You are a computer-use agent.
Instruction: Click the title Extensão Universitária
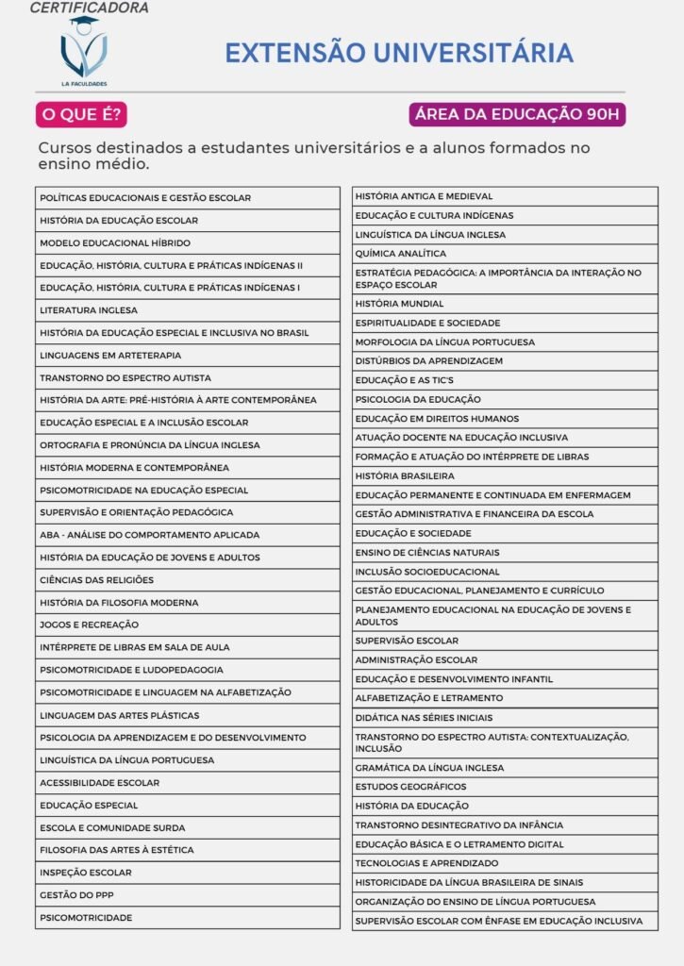pos(398,52)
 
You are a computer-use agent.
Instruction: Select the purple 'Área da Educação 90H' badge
pos(517,115)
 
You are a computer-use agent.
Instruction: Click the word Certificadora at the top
pos(89,8)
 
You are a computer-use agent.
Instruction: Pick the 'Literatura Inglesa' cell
pos(187,310)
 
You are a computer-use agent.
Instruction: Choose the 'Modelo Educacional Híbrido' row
pos(187,242)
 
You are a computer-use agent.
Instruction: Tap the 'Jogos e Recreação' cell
pos(187,625)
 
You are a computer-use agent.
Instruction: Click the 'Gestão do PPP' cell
pos(187,894)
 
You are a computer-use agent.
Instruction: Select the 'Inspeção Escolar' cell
pos(187,873)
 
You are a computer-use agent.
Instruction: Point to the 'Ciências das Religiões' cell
pos(187,580)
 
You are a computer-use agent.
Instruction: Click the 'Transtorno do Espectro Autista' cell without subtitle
pos(187,377)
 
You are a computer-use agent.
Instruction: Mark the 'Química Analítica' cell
pos(505,254)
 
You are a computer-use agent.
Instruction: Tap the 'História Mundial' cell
pos(505,304)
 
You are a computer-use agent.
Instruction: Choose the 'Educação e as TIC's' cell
pos(505,380)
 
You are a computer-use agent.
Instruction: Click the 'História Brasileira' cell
pos(505,475)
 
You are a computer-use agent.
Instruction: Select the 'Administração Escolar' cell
pos(505,660)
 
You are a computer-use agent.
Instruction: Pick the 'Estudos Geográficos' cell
pos(505,787)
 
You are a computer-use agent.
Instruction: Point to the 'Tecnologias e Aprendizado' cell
pos(505,863)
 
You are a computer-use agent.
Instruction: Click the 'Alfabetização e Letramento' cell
pos(505,698)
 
